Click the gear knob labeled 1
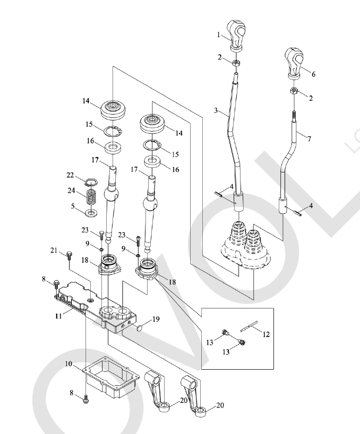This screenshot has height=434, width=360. pyautogui.click(x=236, y=35)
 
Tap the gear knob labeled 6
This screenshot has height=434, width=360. pyautogui.click(x=294, y=63)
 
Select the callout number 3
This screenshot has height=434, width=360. pyautogui.click(x=216, y=110)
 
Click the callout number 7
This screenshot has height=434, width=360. pyautogui.click(x=310, y=138)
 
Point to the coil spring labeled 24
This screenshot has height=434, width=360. pyautogui.click(x=91, y=197)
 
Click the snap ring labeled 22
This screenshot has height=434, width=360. pyautogui.click(x=91, y=183)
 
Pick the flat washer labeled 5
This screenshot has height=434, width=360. pyautogui.click(x=91, y=213)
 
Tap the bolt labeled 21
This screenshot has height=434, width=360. pyautogui.click(x=69, y=255)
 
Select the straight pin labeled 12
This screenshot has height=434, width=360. pyautogui.click(x=249, y=326)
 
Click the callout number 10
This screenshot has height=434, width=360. pyautogui.click(x=69, y=363)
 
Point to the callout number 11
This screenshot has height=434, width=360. pyautogui.click(x=58, y=316)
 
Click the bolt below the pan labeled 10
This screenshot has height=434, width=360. pyautogui.click(x=85, y=399)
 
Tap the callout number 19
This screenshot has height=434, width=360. pyautogui.click(x=156, y=319)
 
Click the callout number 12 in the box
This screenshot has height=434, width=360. pyautogui.click(x=266, y=334)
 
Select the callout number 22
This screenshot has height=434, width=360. pyautogui.click(x=70, y=175)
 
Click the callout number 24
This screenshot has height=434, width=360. pyautogui.click(x=72, y=190)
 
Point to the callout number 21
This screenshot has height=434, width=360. pyautogui.click(x=54, y=250)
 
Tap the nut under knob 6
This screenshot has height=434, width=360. pyautogui.click(x=294, y=91)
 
